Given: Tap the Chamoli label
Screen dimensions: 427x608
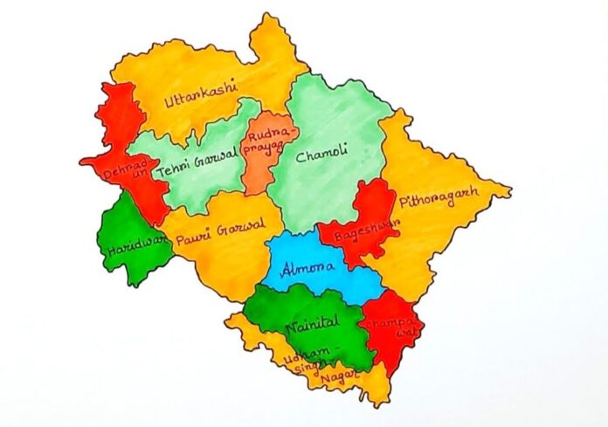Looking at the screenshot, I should [321, 156].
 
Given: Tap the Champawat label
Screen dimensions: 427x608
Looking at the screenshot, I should [396, 327].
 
